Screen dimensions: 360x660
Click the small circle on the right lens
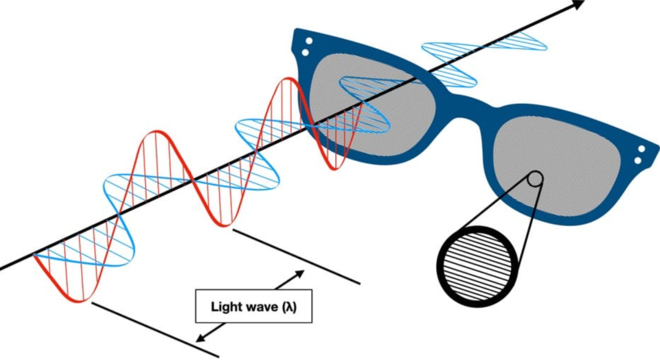[x=535, y=178]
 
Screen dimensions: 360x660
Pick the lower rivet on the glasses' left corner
[x=305, y=53]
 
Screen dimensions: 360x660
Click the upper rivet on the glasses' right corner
[x=642, y=149]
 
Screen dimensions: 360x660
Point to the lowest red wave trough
[x=79, y=299]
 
